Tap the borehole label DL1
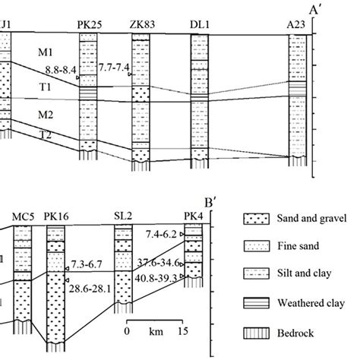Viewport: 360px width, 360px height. pyautogui.click(x=200, y=26)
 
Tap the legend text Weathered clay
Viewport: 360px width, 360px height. pyautogui.click(x=311, y=305)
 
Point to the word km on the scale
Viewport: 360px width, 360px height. pyautogui.click(x=154, y=330)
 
